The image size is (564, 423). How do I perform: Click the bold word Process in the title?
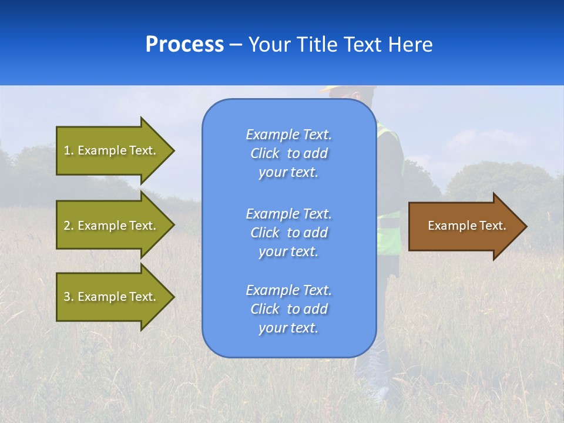pos(184,45)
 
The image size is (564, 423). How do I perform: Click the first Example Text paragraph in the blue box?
pos(288,153)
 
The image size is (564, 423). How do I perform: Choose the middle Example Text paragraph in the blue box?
pos(288,233)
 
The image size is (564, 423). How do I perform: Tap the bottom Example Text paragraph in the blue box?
pos(288,309)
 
